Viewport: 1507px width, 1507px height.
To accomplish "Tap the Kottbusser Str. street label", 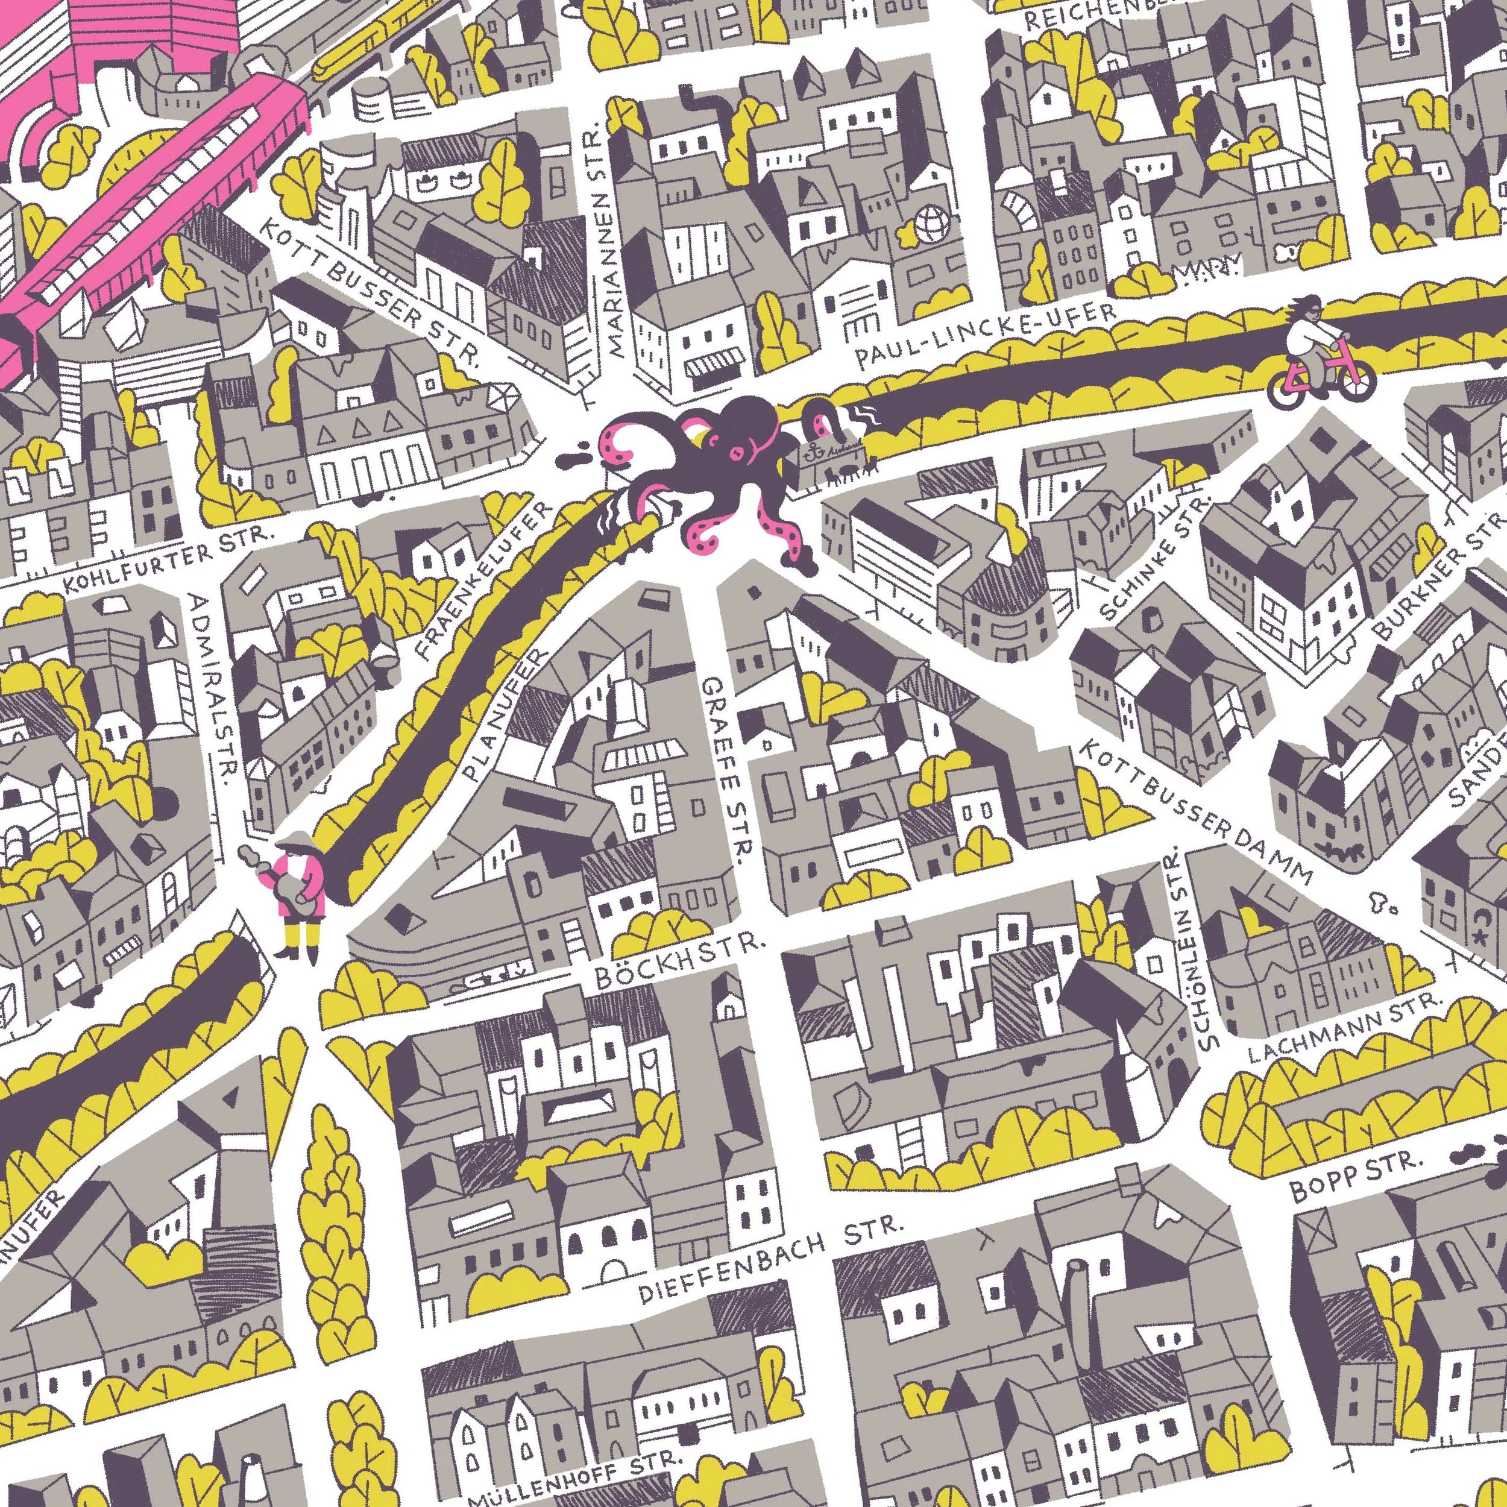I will pyautogui.click(x=371, y=290).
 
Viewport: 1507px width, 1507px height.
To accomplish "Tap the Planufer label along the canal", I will pyautogui.click(x=507, y=716).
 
